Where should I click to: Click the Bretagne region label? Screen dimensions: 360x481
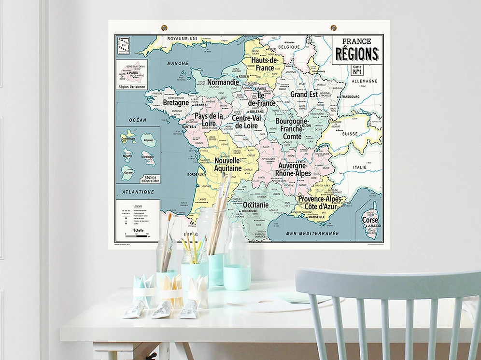coord(176,103)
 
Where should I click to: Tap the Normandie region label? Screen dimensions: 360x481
coord(223,83)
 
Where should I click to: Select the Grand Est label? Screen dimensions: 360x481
coord(304,95)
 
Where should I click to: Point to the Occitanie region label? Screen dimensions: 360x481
coord(255,205)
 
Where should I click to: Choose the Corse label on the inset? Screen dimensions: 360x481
coord(370,220)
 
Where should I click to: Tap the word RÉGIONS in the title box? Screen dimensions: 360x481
coord(357,54)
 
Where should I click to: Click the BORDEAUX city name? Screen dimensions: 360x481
coord(195,174)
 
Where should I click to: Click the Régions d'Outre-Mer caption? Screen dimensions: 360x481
coord(150,179)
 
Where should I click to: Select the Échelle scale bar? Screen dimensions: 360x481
coord(137,236)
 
